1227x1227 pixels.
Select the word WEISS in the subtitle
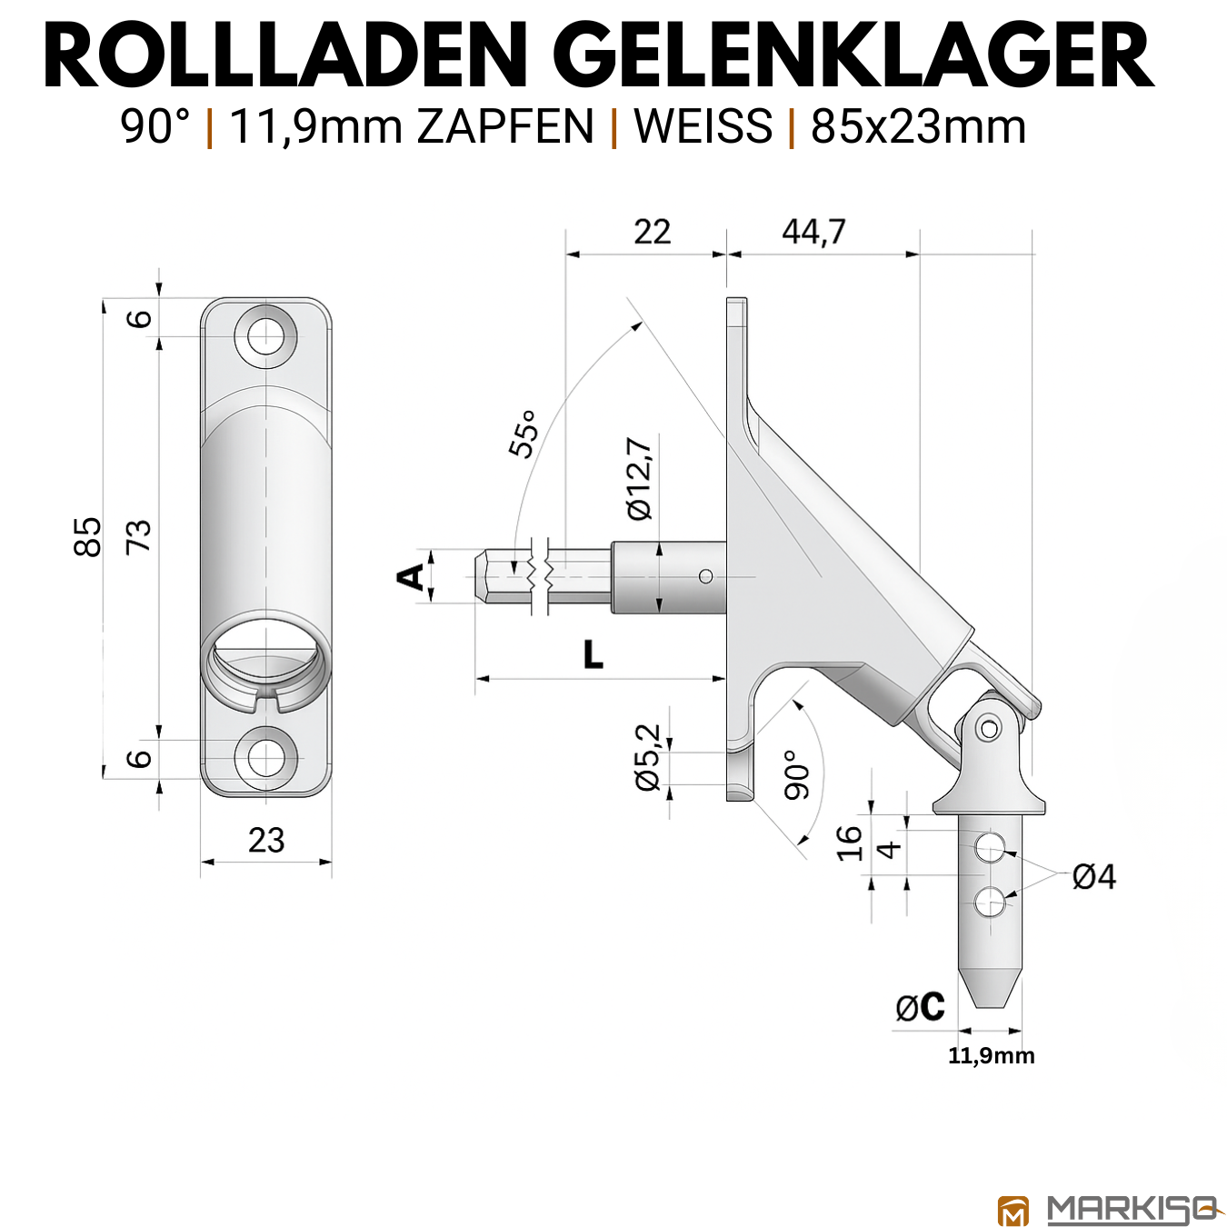coord(703,126)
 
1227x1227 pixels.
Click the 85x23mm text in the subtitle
coord(918,126)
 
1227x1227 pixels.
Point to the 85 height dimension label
coord(87,537)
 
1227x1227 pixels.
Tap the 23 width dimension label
coord(266,841)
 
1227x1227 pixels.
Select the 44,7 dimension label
coord(813,231)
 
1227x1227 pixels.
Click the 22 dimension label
coord(652,232)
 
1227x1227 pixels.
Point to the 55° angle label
coord(524,433)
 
